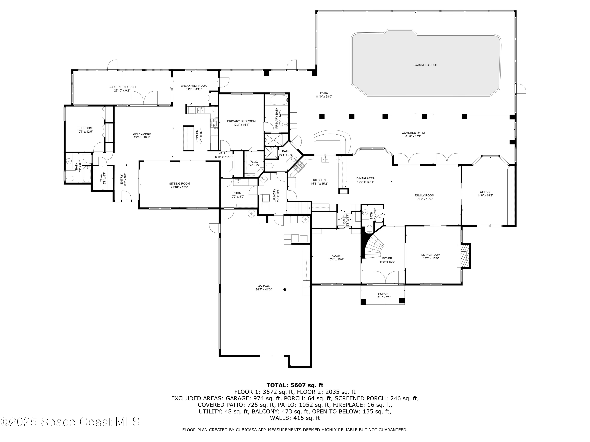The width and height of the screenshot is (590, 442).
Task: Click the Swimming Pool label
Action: tap(425, 65)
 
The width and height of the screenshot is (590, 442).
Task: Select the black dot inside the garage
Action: tap(285, 289)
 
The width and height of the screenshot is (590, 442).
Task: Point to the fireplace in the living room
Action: tap(464, 256)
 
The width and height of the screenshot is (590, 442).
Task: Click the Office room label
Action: tap(485, 192)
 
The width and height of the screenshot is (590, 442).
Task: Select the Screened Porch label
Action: tap(122, 87)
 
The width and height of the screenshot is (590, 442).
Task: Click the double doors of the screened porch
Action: tap(144, 98)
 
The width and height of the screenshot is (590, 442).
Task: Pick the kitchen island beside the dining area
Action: tap(188, 138)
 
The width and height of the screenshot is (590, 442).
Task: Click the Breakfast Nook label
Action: tap(194, 86)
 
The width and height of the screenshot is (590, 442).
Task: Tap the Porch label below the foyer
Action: tap(383, 294)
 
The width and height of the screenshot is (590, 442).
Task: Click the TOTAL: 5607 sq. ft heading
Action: tap(295, 385)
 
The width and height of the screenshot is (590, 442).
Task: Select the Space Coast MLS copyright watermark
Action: tap(70, 422)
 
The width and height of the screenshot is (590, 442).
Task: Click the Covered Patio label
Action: tap(413, 133)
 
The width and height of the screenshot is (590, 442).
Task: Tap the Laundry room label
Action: tap(274, 195)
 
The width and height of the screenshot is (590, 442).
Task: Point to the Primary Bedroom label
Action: tap(241, 121)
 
